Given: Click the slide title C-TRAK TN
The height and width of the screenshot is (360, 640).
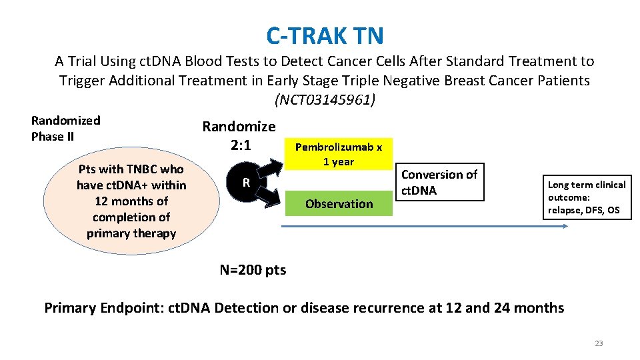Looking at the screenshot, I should click(x=325, y=35).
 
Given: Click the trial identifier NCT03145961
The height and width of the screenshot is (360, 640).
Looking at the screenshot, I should click(x=325, y=100).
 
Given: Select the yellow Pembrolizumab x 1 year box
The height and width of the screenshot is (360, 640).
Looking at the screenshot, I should click(x=339, y=154).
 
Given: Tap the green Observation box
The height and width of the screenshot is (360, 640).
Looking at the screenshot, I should click(x=339, y=203).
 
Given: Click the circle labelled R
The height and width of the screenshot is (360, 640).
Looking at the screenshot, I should click(x=246, y=183).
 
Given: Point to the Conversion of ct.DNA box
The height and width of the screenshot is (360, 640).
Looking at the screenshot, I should click(x=439, y=183).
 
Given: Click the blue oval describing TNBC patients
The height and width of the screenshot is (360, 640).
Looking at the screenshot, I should click(x=131, y=201).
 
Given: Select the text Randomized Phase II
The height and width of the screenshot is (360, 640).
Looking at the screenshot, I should click(x=65, y=128).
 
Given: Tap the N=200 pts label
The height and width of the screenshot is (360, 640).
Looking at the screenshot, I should click(x=253, y=270).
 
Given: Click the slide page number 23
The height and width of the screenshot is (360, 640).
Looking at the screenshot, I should click(x=598, y=343).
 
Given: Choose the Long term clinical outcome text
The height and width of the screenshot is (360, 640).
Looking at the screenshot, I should click(x=586, y=197).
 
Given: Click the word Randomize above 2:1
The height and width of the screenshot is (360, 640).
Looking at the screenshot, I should click(x=239, y=127).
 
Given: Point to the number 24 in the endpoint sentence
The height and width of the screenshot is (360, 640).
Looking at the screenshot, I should click(x=503, y=308).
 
